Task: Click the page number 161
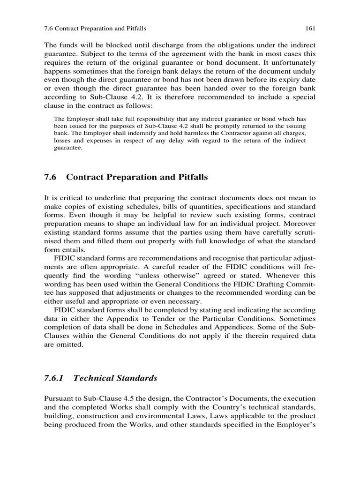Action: (x=310, y=28)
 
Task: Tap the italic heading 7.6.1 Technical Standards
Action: (x=100, y=378)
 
